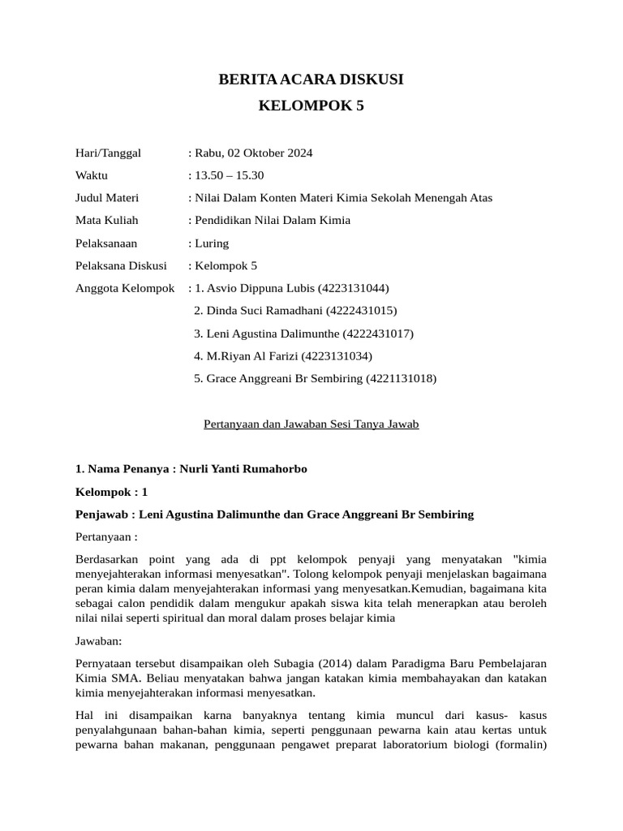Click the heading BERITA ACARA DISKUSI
click(x=311, y=80)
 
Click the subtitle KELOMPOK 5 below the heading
click(x=311, y=105)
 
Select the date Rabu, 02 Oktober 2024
click(x=254, y=153)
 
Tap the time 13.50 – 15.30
click(x=230, y=175)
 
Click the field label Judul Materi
click(x=107, y=198)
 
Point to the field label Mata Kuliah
click(x=107, y=220)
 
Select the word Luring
click(x=213, y=243)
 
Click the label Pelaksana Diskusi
click(x=121, y=265)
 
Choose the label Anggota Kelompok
click(x=125, y=288)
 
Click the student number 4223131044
click(x=354, y=288)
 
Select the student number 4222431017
click(x=378, y=333)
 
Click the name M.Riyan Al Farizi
click(x=251, y=355)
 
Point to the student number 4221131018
click(x=401, y=378)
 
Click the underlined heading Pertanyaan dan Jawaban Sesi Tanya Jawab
click(x=310, y=424)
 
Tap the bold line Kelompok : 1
click(x=111, y=492)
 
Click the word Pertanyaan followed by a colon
click(x=106, y=536)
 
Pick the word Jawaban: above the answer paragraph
click(x=98, y=640)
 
